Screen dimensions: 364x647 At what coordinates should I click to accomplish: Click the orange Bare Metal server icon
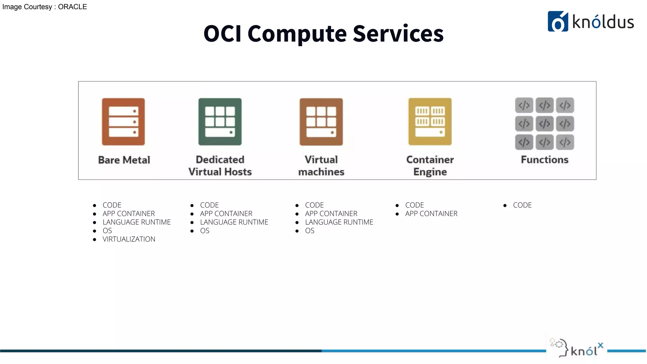click(x=123, y=122)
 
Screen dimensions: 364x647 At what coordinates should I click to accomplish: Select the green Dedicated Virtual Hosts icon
click(x=220, y=122)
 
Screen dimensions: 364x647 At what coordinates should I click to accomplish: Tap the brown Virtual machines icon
click(x=321, y=122)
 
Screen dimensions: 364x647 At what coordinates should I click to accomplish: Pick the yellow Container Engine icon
click(x=430, y=122)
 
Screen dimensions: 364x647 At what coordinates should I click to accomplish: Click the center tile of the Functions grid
click(x=544, y=124)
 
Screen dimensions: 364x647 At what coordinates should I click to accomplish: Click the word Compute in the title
click(x=297, y=33)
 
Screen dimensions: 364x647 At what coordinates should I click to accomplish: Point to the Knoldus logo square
click(x=558, y=21)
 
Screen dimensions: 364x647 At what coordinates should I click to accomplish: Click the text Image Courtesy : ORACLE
click(x=45, y=7)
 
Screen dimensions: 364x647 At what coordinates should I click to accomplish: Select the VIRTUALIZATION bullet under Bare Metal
click(x=129, y=239)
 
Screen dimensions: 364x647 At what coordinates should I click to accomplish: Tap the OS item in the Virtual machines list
click(x=310, y=231)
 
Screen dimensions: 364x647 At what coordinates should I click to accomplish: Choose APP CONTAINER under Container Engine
click(x=431, y=214)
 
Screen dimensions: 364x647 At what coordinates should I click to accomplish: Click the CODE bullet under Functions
click(x=522, y=205)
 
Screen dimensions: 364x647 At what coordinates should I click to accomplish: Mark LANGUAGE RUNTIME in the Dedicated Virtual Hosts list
click(x=234, y=222)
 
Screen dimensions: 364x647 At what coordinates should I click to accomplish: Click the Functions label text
click(x=544, y=160)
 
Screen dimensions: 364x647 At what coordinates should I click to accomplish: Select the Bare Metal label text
click(x=124, y=160)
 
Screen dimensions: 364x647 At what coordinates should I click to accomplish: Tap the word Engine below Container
click(x=430, y=172)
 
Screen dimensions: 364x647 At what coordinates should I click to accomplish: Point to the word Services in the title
click(x=398, y=33)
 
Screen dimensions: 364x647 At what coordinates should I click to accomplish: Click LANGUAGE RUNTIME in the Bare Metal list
click(x=136, y=222)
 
